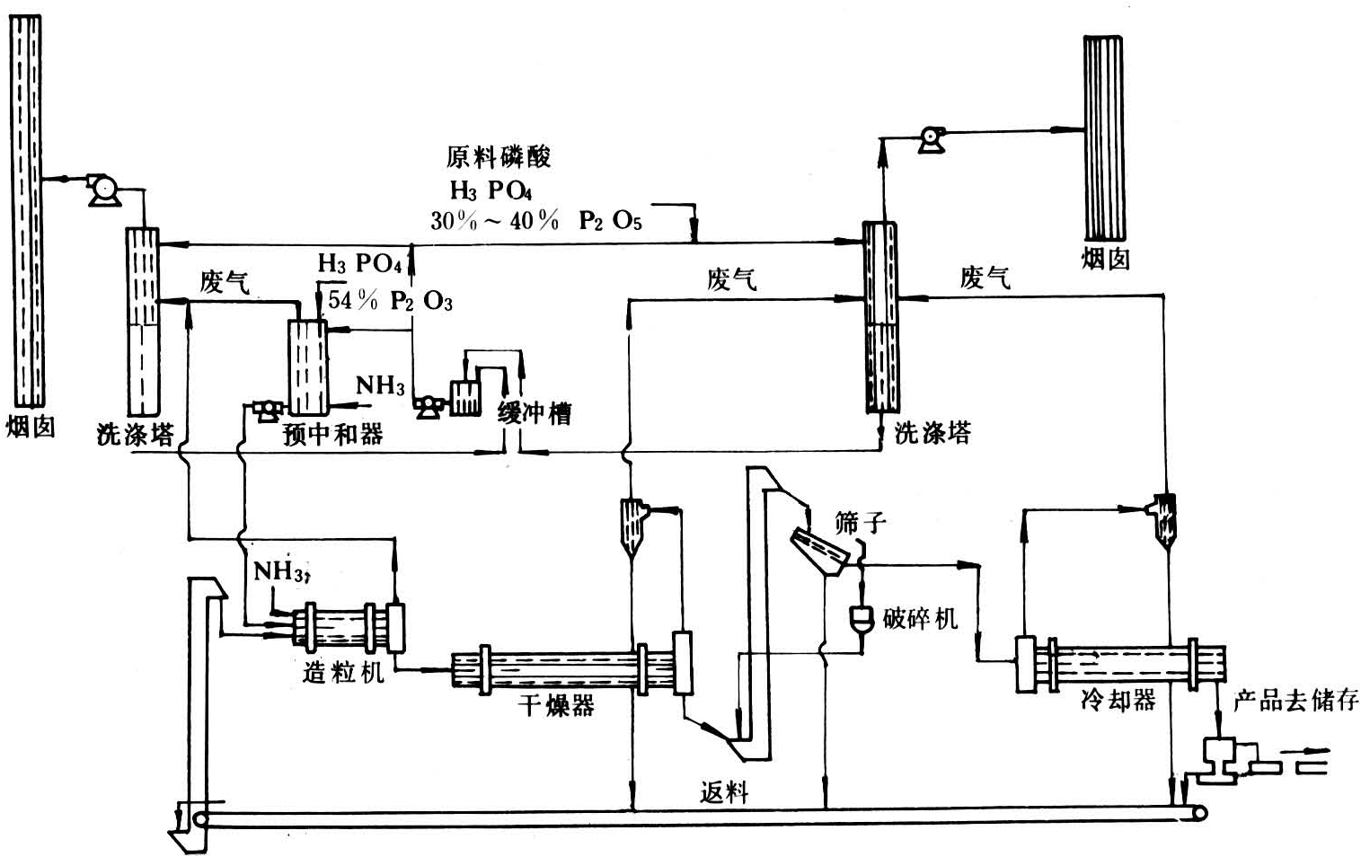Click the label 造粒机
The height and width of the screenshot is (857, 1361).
pyautogui.click(x=343, y=671)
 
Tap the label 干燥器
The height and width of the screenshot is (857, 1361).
pyautogui.click(x=556, y=705)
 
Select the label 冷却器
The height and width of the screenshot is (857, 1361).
pyautogui.click(x=1118, y=700)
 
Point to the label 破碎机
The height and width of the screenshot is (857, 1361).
pyautogui.click(x=920, y=618)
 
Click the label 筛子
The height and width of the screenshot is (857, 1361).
pyautogui.click(x=860, y=522)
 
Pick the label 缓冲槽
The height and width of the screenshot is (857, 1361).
pyautogui.click(x=535, y=413)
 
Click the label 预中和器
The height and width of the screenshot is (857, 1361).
pyautogui.click(x=332, y=435)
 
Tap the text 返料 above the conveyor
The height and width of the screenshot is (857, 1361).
pyautogui.click(x=724, y=792)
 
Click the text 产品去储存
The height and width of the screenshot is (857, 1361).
pyautogui.click(x=1295, y=701)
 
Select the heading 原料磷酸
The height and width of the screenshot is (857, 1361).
pyautogui.click(x=499, y=157)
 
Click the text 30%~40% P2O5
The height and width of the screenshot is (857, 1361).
pyautogui.click(x=536, y=220)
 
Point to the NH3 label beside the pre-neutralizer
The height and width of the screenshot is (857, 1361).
pyautogui.click(x=380, y=386)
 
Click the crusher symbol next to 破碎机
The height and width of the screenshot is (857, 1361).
pyautogui.click(x=862, y=618)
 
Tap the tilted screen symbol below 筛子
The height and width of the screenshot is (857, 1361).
pyautogui.click(x=818, y=551)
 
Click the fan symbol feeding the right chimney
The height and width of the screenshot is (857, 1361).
pyautogui.click(x=932, y=139)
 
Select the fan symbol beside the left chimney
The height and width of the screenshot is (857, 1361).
pyautogui.click(x=105, y=190)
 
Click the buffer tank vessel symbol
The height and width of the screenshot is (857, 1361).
pyautogui.click(x=465, y=397)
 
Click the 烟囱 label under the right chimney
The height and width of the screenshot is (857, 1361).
pyautogui.click(x=1105, y=260)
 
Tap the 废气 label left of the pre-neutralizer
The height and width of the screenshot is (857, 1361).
pyautogui.click(x=225, y=282)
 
